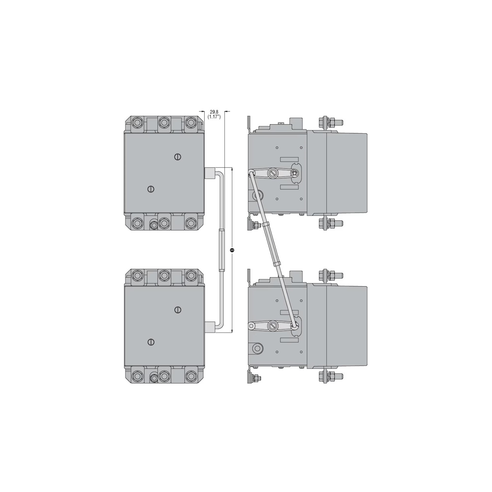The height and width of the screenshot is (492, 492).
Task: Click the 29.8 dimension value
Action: pyautogui.click(x=214, y=112)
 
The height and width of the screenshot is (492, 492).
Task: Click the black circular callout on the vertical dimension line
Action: pyautogui.click(x=232, y=250)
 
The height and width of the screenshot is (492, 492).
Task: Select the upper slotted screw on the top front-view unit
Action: pyautogui.click(x=178, y=157)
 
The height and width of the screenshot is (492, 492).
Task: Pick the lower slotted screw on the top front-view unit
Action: pyautogui.click(x=151, y=189)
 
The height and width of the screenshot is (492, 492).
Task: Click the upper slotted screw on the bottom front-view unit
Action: pyautogui.click(x=178, y=310)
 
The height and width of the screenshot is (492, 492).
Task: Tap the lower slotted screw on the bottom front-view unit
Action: pyautogui.click(x=151, y=342)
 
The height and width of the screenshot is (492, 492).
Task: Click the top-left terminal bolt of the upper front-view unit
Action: pyautogui.click(x=138, y=123)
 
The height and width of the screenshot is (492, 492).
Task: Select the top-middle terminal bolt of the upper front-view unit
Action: pyautogui.click(x=164, y=123)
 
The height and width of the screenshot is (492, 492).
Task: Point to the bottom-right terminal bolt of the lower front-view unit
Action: pyautogui.click(x=190, y=376)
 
